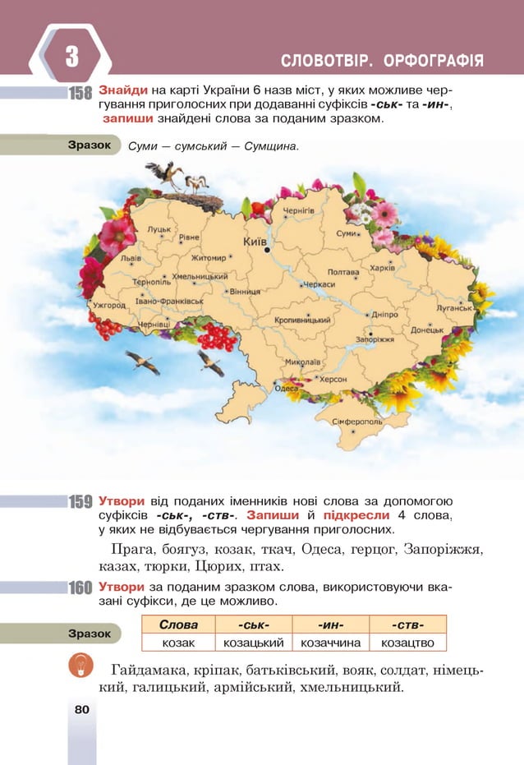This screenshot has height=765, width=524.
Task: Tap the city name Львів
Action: point(131,258)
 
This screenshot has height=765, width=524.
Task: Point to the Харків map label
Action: point(383,268)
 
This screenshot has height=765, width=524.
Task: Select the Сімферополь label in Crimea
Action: point(357,421)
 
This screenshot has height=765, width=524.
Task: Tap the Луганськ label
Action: point(453,308)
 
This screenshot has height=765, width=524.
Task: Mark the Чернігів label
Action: point(298,210)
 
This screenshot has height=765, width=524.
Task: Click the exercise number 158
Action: point(80,93)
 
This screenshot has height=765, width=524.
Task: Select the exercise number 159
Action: point(80,503)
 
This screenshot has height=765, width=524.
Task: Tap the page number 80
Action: point(81,709)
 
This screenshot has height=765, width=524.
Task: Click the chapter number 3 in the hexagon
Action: point(72,57)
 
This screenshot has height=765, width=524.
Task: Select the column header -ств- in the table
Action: point(407,624)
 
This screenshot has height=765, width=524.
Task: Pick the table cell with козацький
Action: point(254,643)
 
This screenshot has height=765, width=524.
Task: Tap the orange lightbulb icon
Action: point(81,666)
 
